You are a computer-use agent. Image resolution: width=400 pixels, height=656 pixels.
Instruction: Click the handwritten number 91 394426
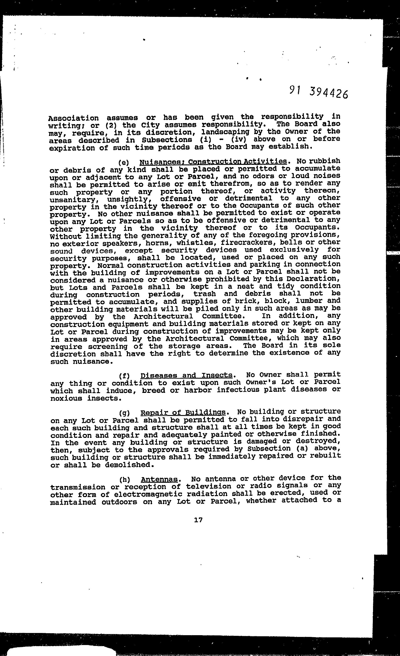(318, 93)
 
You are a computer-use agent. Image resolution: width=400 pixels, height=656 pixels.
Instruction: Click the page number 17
(198, 519)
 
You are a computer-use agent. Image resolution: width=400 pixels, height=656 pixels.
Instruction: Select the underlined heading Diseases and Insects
(186, 375)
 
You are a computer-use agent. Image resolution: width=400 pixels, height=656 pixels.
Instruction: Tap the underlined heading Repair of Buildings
(183, 413)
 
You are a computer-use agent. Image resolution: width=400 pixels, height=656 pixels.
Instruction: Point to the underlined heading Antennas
(159, 480)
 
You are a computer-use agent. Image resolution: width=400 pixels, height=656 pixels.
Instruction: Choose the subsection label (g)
(124, 413)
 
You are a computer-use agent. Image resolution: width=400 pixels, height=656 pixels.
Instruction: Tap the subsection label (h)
(124, 480)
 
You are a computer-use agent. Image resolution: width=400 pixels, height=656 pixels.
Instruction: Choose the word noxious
(66, 399)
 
